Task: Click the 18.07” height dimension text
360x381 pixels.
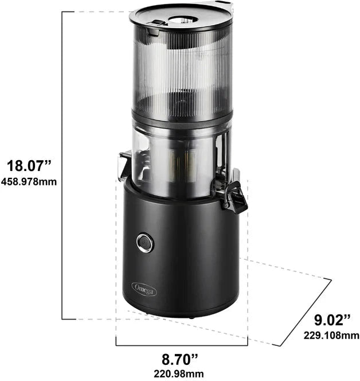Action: point(29,167)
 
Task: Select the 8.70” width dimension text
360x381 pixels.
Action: point(180,360)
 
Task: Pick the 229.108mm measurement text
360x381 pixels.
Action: point(331,335)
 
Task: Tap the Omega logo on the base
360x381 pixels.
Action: point(144,287)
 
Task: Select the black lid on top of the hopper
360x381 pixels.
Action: point(181,17)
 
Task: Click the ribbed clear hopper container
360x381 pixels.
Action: point(181,69)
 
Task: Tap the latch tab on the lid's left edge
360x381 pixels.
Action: point(154,25)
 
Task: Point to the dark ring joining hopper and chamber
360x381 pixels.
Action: point(181,116)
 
